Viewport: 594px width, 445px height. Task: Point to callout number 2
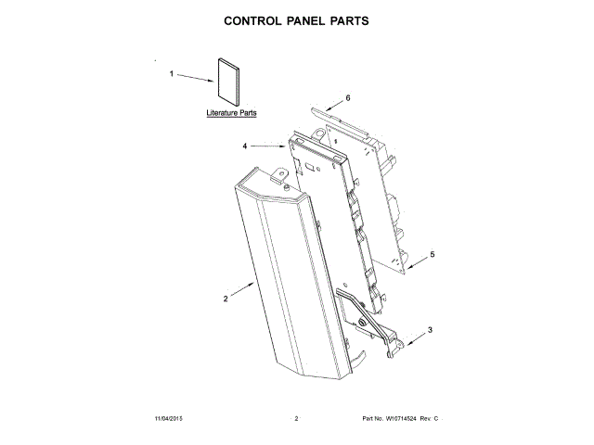pyautogui.click(x=226, y=299)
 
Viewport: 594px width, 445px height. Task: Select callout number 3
pyautogui.click(x=429, y=329)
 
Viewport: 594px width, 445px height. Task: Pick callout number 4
pyautogui.click(x=245, y=146)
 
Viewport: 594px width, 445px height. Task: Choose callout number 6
pyautogui.click(x=347, y=97)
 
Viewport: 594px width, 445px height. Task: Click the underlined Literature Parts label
pyautogui.click(x=232, y=113)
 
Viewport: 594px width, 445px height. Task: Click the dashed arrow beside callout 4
pyautogui.click(x=268, y=146)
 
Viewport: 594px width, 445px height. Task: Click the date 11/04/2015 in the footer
pyautogui.click(x=172, y=420)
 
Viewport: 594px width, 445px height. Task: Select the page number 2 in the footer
pyautogui.click(x=296, y=420)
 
